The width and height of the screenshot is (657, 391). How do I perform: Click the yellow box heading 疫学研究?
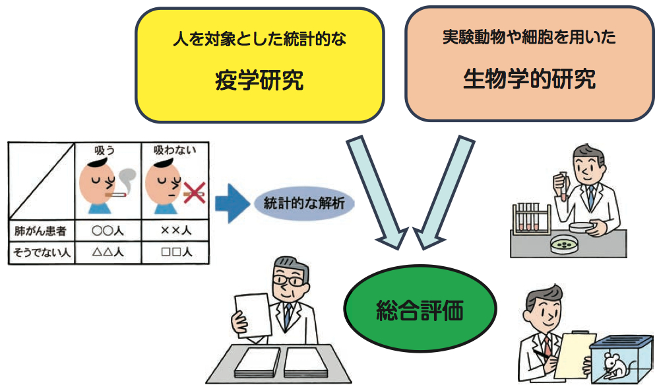[259, 81]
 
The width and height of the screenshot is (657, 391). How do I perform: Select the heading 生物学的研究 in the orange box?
[529, 79]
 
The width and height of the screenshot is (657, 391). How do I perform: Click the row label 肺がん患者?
[40, 231]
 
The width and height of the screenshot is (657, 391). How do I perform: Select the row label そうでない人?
[40, 251]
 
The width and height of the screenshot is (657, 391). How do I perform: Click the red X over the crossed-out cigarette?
[192, 193]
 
